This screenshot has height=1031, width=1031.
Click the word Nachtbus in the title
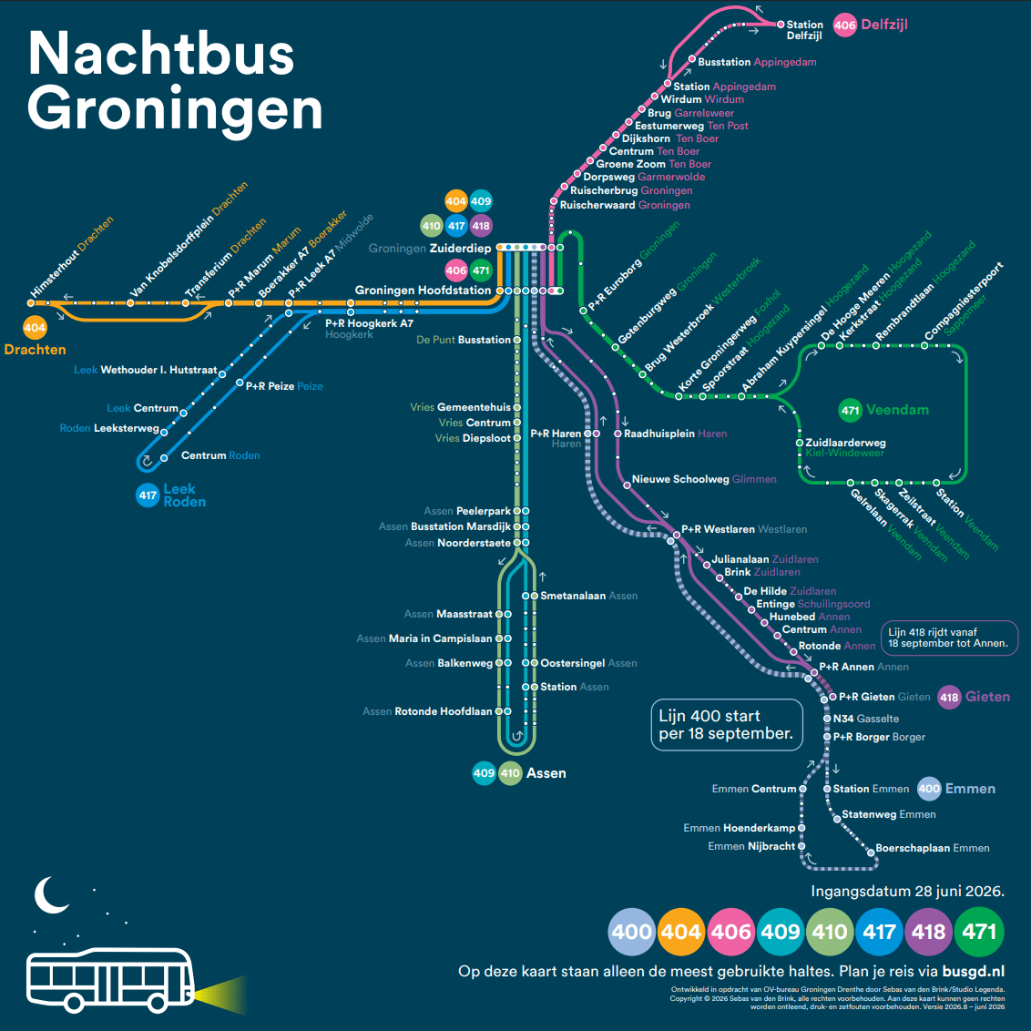pyautogui.click(x=161, y=53)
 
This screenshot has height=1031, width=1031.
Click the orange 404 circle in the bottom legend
pyautogui.click(x=681, y=931)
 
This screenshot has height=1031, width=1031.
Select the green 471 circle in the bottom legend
pyautogui.click(x=979, y=931)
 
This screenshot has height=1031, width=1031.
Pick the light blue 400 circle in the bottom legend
pyautogui.click(x=632, y=931)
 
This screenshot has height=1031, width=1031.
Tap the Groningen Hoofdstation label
pyautogui.click(x=423, y=290)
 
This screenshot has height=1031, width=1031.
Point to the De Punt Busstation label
pyautogui.click(x=464, y=340)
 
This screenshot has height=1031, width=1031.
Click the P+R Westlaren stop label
pyautogui.click(x=744, y=529)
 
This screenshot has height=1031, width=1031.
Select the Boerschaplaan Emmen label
pyautogui.click(x=933, y=848)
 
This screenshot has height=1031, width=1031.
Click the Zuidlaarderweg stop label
pyautogui.click(x=845, y=444)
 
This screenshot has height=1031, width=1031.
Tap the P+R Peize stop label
pyautogui.click(x=284, y=386)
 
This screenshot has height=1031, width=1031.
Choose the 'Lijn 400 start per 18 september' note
pyautogui.click(x=727, y=725)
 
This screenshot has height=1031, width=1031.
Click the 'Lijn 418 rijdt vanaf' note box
pyautogui.click(x=949, y=638)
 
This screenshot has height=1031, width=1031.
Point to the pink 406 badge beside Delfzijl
pyautogui.click(x=845, y=26)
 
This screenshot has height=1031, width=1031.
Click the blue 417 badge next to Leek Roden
pyautogui.click(x=148, y=495)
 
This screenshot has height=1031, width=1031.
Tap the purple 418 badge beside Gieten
pyautogui.click(x=949, y=697)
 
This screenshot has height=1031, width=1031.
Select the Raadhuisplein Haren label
pyautogui.click(x=675, y=434)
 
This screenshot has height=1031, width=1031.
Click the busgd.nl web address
pyautogui.click(x=973, y=971)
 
